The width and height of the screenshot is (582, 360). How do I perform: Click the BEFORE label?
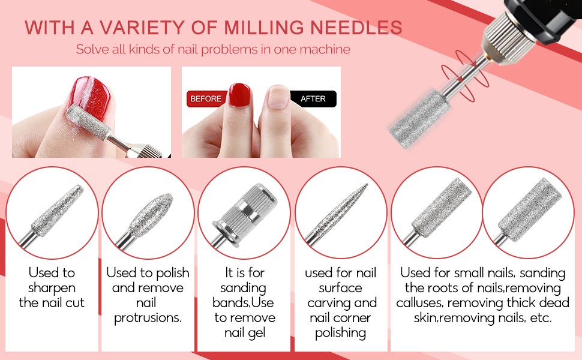coord(206,98)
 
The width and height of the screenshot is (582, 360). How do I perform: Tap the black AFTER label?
coord(313,98)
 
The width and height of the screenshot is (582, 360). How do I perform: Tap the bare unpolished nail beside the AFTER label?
coord(277,99)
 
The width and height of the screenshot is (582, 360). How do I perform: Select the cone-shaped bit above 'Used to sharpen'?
coord(53,210)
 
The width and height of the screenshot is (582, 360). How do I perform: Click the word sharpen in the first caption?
coord(52,287)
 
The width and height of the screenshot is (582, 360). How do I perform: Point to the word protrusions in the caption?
coord(147,317)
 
